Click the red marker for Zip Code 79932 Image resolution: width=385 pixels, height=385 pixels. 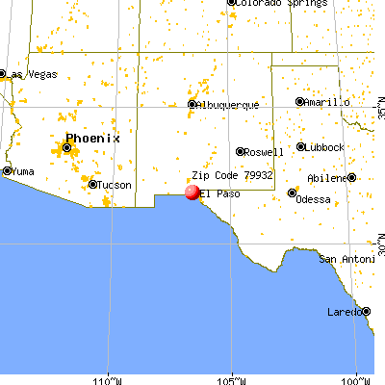tap(192, 192)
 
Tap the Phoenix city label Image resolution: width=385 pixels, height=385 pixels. tap(92, 138)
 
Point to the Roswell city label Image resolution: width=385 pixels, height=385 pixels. tap(265, 152)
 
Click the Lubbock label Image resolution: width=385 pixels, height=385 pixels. tap(322, 147)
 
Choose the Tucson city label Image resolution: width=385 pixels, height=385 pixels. tap(115, 185)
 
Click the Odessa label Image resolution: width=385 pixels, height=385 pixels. tap(314, 198)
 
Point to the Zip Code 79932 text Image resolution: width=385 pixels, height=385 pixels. tap(233, 176)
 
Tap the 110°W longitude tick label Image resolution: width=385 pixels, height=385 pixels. tap(108, 377)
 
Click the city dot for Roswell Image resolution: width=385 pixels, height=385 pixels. tap(241, 151)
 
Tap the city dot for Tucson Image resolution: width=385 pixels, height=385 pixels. tap(92, 184)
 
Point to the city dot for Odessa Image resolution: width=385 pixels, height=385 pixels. tap(293, 192)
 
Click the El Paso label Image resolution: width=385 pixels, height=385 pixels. tap(219, 193)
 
